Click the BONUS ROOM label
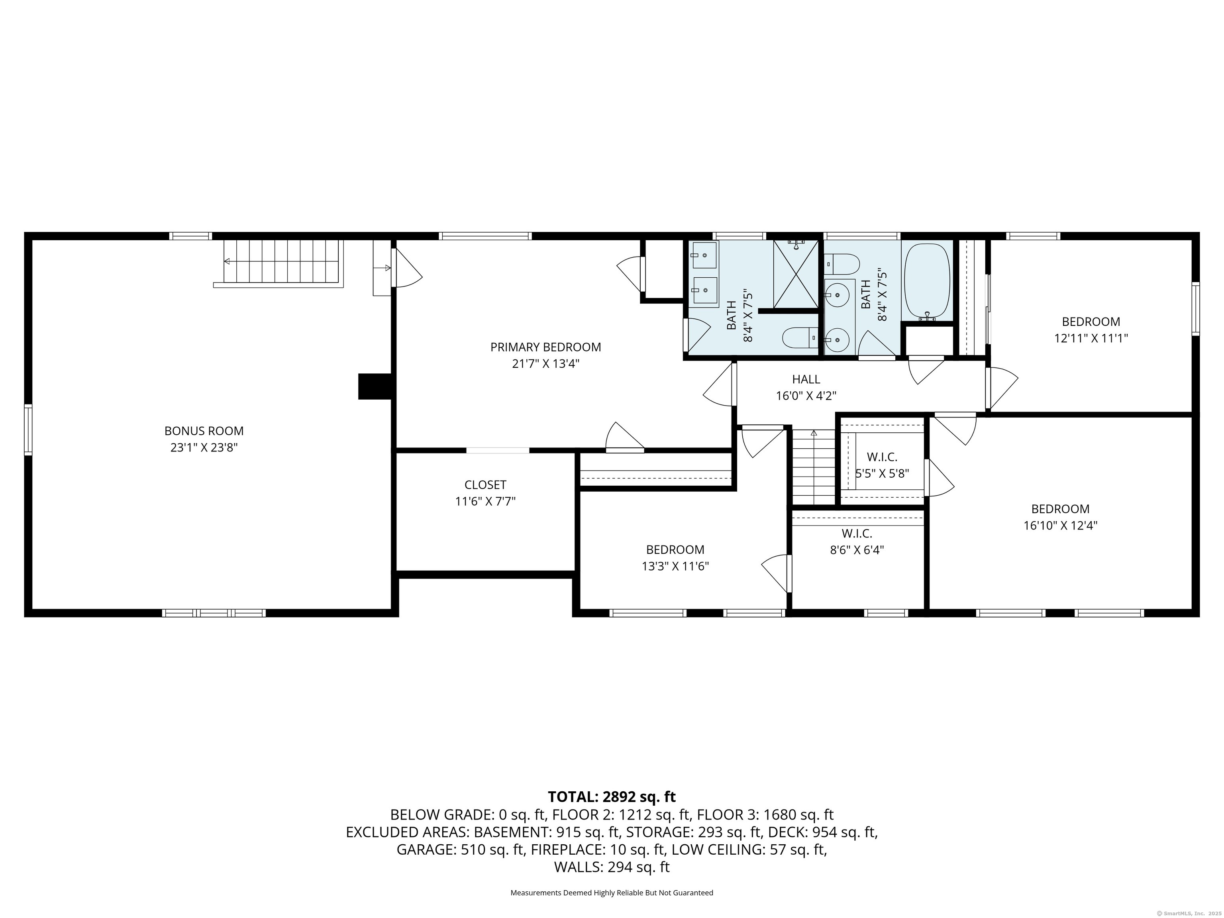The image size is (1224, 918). [204, 430]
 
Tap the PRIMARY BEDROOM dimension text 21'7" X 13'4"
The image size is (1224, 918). [545, 363]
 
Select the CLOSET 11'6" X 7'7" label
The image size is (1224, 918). [485, 493]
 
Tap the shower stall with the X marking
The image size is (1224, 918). [795, 274]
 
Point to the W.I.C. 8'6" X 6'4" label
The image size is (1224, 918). [857, 542]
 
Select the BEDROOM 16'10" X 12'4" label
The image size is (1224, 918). [1060, 517]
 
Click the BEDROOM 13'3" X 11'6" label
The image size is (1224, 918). [675, 557]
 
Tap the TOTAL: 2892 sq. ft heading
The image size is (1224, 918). [612, 797]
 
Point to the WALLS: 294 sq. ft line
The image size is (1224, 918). [612, 867]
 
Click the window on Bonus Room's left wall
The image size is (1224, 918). [28, 430]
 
